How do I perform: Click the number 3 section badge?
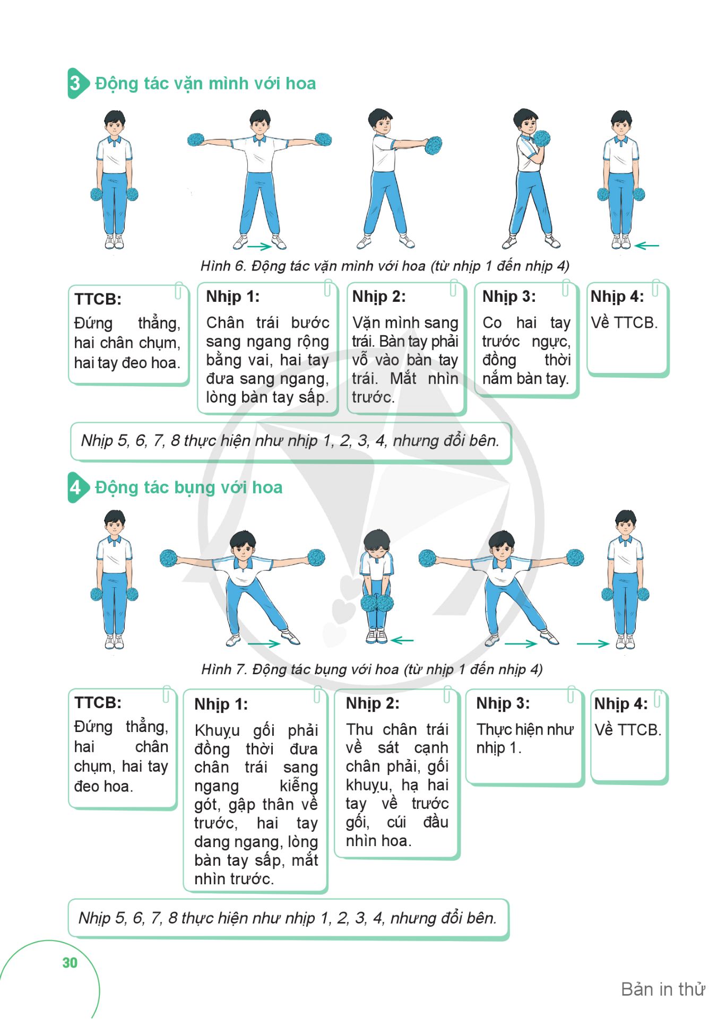(77, 83)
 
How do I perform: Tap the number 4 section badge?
(77, 487)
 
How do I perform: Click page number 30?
(70, 963)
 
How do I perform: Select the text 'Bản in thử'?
(663, 989)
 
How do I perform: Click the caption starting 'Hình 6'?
(385, 265)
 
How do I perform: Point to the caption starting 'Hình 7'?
(372, 669)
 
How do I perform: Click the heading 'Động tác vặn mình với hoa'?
(205, 83)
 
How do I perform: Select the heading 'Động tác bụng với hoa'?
(188, 487)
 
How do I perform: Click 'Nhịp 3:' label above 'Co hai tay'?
(509, 297)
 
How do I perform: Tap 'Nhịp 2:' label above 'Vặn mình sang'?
(379, 297)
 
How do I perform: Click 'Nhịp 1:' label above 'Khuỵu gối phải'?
(221, 704)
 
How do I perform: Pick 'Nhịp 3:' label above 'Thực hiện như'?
(503, 703)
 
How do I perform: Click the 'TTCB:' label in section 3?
(98, 299)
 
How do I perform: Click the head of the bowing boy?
(377, 544)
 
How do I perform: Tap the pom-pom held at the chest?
(542, 138)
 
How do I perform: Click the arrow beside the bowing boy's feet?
(402, 640)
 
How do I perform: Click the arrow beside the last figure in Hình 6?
(646, 246)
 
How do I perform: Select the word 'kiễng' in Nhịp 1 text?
(299, 786)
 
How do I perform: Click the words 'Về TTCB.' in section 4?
(628, 729)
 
